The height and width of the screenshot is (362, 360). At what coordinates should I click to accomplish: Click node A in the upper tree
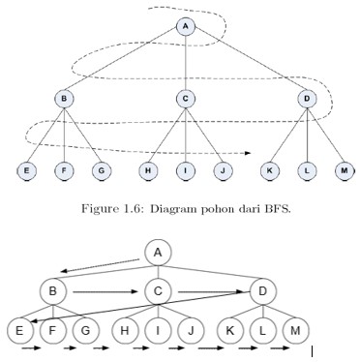[x=187, y=27]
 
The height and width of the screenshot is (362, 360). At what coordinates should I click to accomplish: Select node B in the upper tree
[x=64, y=98]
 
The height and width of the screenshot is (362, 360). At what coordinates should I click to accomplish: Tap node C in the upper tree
[x=187, y=98]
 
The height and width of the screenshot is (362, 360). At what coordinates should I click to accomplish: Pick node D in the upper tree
[x=306, y=98]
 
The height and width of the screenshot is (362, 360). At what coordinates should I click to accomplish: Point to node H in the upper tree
[x=149, y=171]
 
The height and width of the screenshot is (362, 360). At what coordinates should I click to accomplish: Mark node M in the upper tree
[x=344, y=171]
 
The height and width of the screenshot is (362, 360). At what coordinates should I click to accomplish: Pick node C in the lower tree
[x=158, y=289]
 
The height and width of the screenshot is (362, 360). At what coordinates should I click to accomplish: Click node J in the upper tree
[x=222, y=171]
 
